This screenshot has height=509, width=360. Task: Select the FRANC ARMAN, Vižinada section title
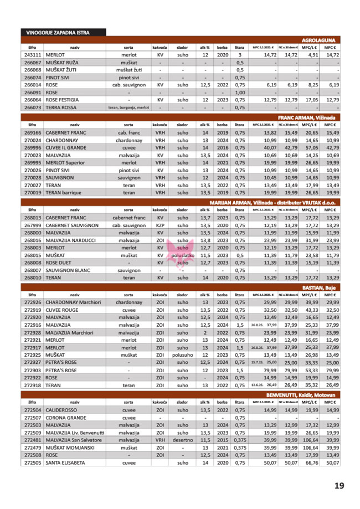click(309, 117)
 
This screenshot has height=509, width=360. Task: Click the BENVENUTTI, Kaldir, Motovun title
click(300, 393)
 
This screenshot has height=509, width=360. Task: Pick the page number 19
click(339, 486)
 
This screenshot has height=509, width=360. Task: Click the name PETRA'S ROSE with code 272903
click(60, 369)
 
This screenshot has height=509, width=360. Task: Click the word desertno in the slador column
click(182, 439)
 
